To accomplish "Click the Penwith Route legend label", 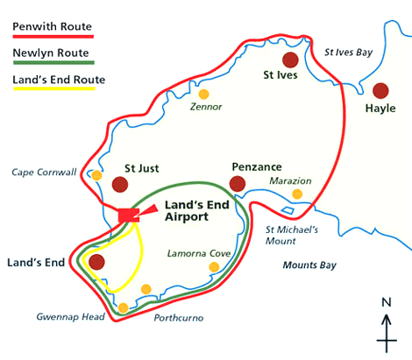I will [x=52, y=15].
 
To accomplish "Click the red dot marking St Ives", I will [x=290, y=60].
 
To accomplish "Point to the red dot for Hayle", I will [x=380, y=89].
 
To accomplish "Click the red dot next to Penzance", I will [x=237, y=183].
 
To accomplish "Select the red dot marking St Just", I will [x=119, y=183].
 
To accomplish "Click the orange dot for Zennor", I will [x=204, y=94].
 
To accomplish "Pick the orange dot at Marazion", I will [x=297, y=194].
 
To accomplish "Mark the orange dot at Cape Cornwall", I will [x=96, y=176].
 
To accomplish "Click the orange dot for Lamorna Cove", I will [x=213, y=267].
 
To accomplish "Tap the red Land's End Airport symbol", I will [x=128, y=215].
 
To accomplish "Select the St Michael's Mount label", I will [x=288, y=236].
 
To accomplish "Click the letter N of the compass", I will [x=387, y=303].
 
